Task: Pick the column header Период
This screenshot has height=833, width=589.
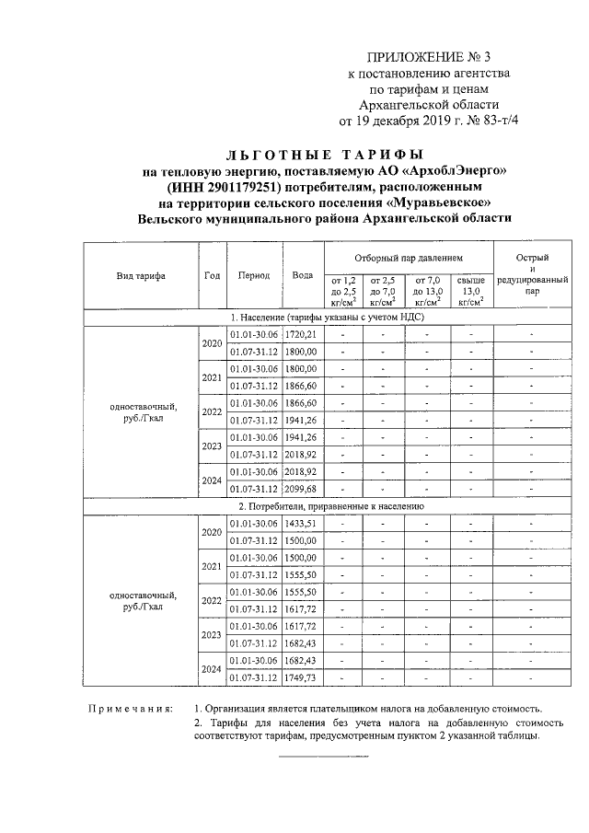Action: [x=253, y=275]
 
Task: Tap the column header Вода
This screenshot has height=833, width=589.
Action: [x=302, y=275]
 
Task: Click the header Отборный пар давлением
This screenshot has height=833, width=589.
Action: [x=408, y=258]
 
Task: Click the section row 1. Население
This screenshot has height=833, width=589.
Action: [x=324, y=318]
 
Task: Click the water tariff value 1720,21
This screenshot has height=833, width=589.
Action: [x=301, y=334]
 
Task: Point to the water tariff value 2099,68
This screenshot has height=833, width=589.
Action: [x=301, y=489]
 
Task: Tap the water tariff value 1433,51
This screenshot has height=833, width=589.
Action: [x=301, y=523]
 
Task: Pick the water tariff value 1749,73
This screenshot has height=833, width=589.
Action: [x=301, y=677]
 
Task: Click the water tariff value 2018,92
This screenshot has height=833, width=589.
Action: [x=301, y=455]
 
